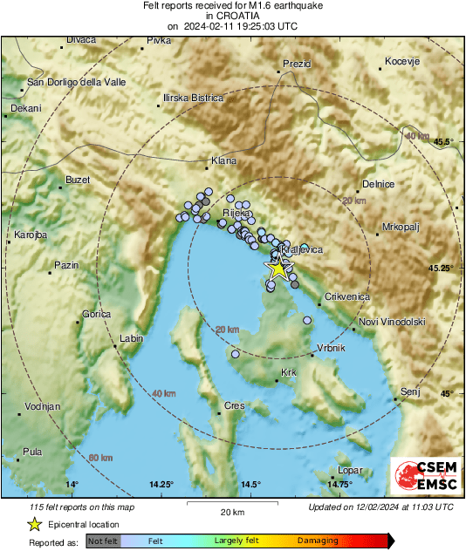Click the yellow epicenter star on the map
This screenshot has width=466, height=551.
[x=278, y=269]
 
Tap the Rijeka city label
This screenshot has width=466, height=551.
[x=237, y=213]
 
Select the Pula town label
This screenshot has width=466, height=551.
[x=31, y=452]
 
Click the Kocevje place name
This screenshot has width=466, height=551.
[x=403, y=62]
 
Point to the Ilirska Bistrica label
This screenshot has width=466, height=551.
[x=193, y=99]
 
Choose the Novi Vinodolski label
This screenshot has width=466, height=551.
[x=392, y=322]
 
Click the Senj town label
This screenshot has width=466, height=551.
[x=409, y=393]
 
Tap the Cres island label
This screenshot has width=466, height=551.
[x=234, y=406]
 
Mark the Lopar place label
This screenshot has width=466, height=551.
[x=349, y=470]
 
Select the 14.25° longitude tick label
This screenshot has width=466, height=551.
[x=161, y=485]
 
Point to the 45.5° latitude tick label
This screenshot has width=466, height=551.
[x=445, y=141]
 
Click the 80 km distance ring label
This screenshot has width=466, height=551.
[x=100, y=458]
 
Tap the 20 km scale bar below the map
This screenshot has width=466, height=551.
[x=231, y=511]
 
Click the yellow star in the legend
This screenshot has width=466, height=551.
[x=34, y=525]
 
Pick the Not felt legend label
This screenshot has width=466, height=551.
[x=103, y=541]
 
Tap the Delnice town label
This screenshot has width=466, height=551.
[x=378, y=184]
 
